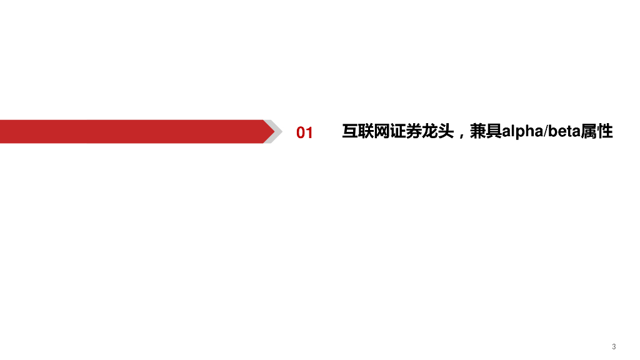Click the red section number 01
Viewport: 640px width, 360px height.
[304, 132]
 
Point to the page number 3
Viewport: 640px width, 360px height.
[614, 347]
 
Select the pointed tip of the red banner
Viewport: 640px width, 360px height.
[272, 131]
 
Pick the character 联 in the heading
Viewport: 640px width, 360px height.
[366, 132]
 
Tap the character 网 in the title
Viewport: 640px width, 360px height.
[382, 132]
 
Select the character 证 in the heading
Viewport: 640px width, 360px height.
[398, 132]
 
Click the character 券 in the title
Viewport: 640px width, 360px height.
[414, 132]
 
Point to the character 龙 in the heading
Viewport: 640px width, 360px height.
[430, 132]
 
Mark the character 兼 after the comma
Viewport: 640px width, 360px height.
[478, 132]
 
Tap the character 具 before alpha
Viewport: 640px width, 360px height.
[494, 132]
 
